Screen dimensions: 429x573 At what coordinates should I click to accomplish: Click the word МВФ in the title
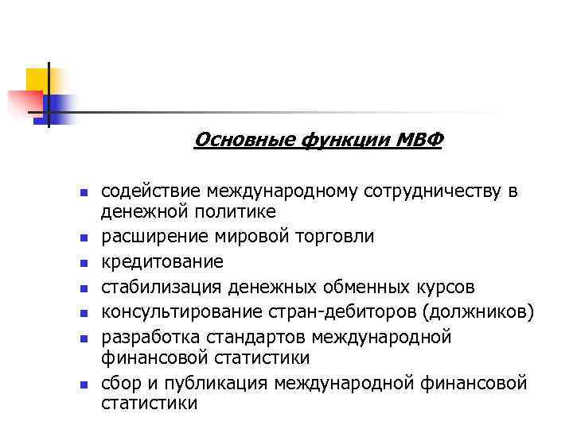tap(422, 141)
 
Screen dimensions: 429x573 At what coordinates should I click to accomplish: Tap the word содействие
tap(150, 191)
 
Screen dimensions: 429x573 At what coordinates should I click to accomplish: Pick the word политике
tap(235, 211)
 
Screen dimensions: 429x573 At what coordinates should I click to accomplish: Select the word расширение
tap(153, 236)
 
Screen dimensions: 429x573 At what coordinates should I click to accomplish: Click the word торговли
tap(335, 236)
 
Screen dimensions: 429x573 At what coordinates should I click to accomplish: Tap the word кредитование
tap(162, 261)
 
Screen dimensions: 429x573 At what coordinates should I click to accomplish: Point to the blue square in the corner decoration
tap(60, 105)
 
